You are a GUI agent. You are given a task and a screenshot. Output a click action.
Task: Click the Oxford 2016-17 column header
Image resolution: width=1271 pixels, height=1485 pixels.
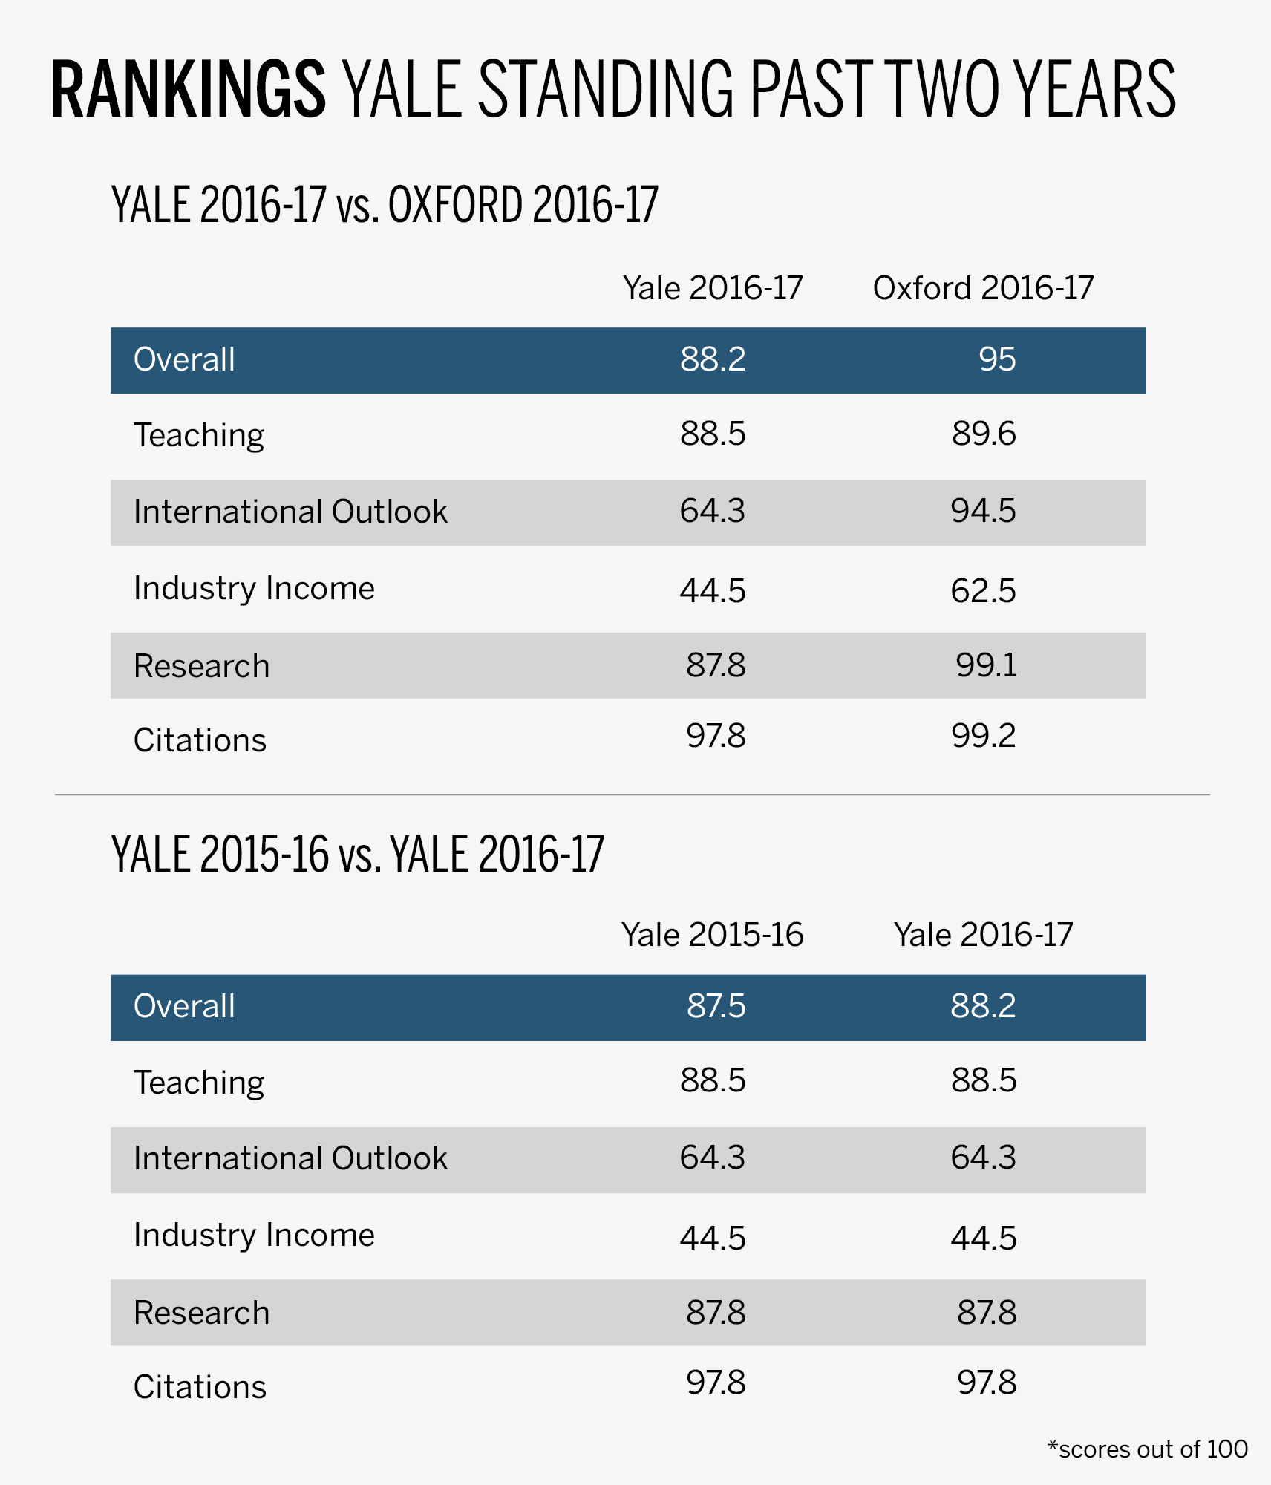[x=983, y=288]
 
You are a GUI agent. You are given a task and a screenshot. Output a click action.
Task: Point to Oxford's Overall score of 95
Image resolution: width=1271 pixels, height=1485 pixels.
[x=996, y=359]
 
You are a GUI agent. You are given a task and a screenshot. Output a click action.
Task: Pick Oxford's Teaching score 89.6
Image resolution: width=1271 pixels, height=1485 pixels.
[x=984, y=434]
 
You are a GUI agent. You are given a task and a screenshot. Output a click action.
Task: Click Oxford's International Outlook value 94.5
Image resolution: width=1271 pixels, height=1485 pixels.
[x=983, y=511]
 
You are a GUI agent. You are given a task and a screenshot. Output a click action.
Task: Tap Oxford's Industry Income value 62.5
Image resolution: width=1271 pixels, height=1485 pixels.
[x=983, y=591]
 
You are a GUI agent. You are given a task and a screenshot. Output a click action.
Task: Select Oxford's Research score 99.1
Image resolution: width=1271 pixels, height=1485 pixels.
[x=986, y=665]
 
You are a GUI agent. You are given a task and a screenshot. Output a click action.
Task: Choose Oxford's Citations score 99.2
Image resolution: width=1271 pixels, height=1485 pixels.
[x=983, y=736]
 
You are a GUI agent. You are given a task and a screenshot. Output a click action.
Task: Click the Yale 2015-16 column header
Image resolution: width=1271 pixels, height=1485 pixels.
[x=712, y=935]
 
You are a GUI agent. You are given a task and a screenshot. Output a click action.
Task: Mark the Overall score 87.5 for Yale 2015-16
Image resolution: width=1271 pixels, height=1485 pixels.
[x=716, y=1006]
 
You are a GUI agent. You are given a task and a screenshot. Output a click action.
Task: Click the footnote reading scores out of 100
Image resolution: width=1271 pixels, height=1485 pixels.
[x=1148, y=1449]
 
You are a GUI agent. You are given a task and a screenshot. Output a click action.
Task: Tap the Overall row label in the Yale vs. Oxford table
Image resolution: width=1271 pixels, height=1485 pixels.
[x=184, y=359]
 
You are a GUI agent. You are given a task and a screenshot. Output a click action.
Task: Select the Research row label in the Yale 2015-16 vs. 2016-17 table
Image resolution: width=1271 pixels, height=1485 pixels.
[x=201, y=1313]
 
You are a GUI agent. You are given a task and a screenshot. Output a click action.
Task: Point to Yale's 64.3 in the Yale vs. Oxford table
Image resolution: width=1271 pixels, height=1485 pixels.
[x=712, y=511]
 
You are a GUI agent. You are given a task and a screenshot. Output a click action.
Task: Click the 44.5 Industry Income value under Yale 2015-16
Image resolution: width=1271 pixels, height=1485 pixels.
[x=712, y=1238]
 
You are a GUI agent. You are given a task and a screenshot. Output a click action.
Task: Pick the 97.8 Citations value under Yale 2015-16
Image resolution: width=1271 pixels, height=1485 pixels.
[x=716, y=1383]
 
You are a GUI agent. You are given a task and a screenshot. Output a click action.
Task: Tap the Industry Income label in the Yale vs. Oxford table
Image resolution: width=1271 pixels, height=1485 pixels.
[x=254, y=588]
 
